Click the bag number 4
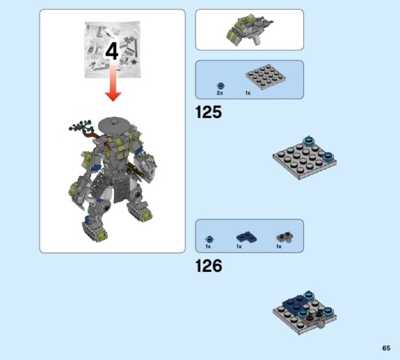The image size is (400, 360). pyautogui.click(x=112, y=52)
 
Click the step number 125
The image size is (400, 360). pyautogui.click(x=209, y=113)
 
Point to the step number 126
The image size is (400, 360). pyautogui.click(x=209, y=266)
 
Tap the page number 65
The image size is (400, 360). pyautogui.click(x=386, y=348)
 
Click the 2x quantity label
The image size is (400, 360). pyautogui.click(x=220, y=93)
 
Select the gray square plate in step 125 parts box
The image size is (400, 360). pyautogui.click(x=262, y=79)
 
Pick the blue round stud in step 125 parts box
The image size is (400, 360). pyautogui.click(x=220, y=85)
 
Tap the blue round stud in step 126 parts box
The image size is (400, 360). pyautogui.click(x=209, y=238)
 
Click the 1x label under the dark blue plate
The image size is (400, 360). pyautogui.click(x=239, y=246)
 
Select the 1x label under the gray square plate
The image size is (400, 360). pyautogui.click(x=248, y=93)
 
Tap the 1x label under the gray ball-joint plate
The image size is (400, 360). pyautogui.click(x=278, y=246)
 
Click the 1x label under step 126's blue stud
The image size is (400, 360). pyautogui.click(x=209, y=246)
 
